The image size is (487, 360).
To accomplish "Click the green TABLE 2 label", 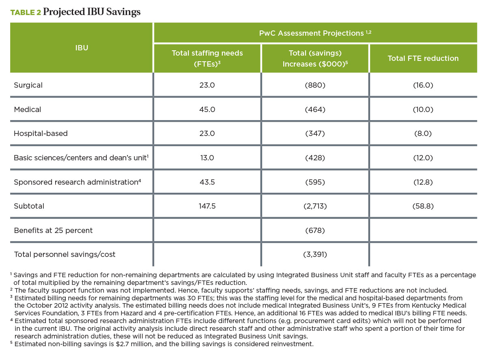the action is coord(26,13).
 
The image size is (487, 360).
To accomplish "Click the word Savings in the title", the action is coord(123,12).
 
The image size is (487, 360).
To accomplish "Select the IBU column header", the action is coord(82,47).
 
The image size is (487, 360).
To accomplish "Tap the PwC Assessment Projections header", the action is coord(315,33).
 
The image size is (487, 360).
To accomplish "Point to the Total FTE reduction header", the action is coord(423,58).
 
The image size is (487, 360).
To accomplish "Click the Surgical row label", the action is coord(28,85).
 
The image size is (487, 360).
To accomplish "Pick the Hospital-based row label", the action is coord(41,133).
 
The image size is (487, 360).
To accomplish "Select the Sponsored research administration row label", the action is coord(77,182).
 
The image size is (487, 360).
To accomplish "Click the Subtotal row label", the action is coord(29,206).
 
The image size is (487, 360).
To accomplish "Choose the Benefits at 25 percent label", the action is coord(53,231).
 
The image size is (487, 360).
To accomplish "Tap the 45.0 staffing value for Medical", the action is coord(207,110).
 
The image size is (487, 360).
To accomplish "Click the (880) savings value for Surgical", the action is coord(315,85).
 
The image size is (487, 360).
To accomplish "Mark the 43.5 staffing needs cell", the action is coord(207,182).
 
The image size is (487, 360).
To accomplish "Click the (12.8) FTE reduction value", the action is coord(423,182).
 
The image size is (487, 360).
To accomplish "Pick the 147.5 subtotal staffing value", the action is coord(207,206).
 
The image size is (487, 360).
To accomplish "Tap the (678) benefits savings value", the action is coord(315,231).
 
